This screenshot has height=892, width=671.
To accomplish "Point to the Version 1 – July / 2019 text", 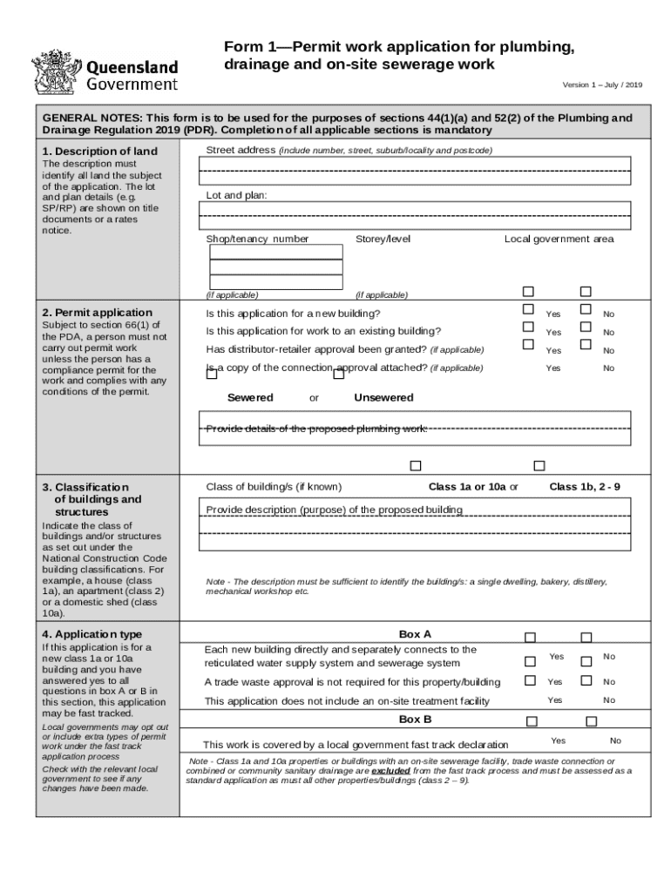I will point(601,84).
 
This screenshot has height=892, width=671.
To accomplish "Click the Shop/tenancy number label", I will point(257,239).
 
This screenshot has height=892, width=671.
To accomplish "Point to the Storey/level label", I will point(383,239).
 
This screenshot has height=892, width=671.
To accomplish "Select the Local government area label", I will point(559,239).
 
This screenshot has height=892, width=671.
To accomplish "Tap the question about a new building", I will point(293,314).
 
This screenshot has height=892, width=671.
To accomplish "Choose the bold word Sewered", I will point(250,397).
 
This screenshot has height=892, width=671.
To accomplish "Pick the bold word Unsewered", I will point(383,397).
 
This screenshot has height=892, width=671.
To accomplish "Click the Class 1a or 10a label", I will point(468,486).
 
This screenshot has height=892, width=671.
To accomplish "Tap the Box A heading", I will point(415,634).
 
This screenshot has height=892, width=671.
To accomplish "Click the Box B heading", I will point(415,720).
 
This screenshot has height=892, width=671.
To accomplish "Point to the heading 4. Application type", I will point(92,634).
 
